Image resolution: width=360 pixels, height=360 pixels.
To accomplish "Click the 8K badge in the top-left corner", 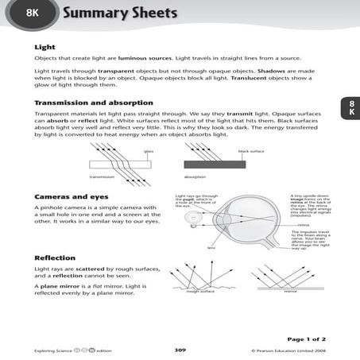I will click(31, 13).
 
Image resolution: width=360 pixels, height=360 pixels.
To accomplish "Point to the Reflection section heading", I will click(55, 258).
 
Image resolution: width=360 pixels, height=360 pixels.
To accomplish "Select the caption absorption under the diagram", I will click(195, 176).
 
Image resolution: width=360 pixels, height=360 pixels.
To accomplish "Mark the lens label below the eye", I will click(211, 247).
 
